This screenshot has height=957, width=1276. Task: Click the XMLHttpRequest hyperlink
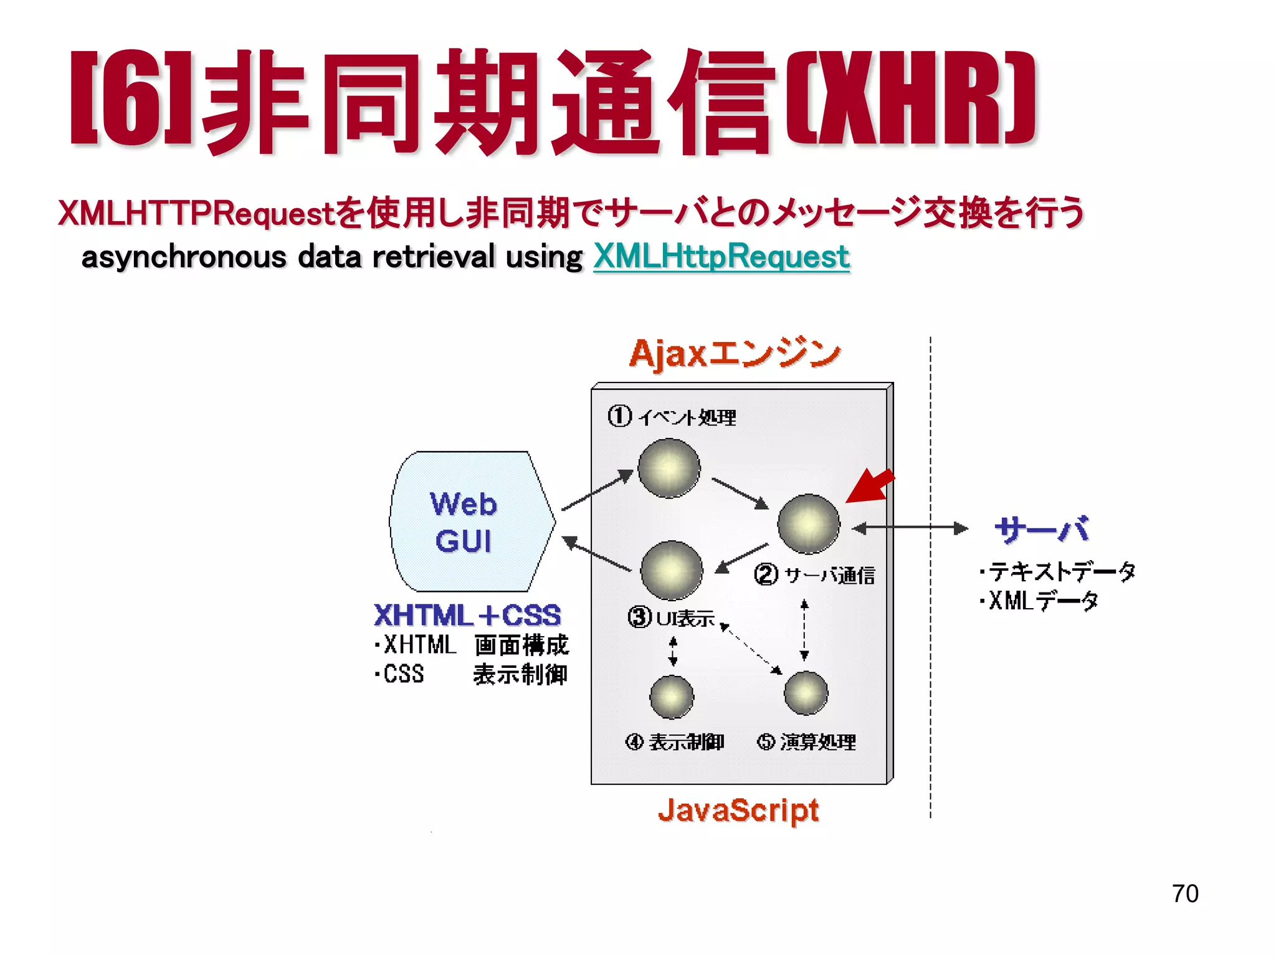click(721, 257)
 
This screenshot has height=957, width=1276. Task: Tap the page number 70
click(1184, 893)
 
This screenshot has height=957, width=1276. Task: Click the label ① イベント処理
click(672, 416)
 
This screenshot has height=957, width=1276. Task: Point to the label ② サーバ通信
click(814, 574)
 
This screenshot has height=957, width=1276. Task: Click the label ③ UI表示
click(670, 617)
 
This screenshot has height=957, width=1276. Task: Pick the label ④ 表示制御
click(674, 741)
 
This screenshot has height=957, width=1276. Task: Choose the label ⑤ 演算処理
click(806, 741)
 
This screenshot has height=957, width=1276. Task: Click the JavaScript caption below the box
click(738, 810)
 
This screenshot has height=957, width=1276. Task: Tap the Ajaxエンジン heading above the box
click(735, 354)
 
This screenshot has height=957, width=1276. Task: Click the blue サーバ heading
click(1041, 530)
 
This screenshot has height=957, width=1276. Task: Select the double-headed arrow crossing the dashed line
click(910, 528)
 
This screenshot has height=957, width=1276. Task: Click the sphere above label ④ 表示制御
click(671, 697)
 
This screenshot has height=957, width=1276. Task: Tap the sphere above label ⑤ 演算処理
click(806, 693)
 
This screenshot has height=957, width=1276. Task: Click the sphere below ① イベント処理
click(669, 468)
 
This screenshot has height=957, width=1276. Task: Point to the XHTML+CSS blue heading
click(467, 615)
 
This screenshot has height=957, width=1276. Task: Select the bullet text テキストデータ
click(1057, 571)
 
